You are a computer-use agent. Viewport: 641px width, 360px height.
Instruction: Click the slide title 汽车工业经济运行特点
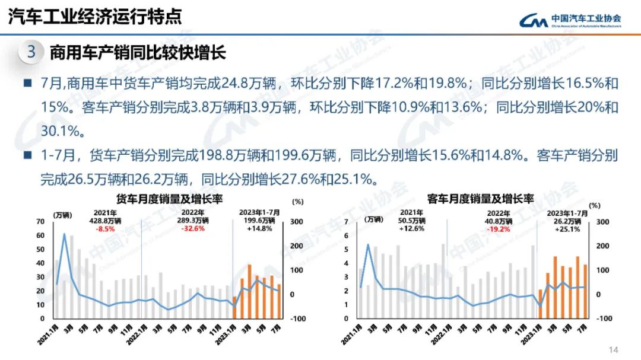[x=95, y=17]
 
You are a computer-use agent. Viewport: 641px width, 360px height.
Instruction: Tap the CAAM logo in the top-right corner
[x=570, y=21]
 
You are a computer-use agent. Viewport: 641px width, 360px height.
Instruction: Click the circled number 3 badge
[x=31, y=52]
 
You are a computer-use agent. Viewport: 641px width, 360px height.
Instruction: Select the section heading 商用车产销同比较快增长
[x=138, y=52]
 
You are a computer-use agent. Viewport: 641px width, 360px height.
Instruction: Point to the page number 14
[x=614, y=350]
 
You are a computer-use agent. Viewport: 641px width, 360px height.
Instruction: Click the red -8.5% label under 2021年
[x=106, y=228]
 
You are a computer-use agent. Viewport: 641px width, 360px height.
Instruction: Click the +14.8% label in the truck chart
[x=259, y=228]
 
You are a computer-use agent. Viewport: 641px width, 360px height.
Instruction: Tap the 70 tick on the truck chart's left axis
[x=40, y=221]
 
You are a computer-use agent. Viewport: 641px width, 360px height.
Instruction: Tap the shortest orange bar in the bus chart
[x=540, y=304]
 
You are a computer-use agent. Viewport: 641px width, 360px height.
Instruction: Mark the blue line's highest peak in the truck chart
[x=65, y=234]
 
